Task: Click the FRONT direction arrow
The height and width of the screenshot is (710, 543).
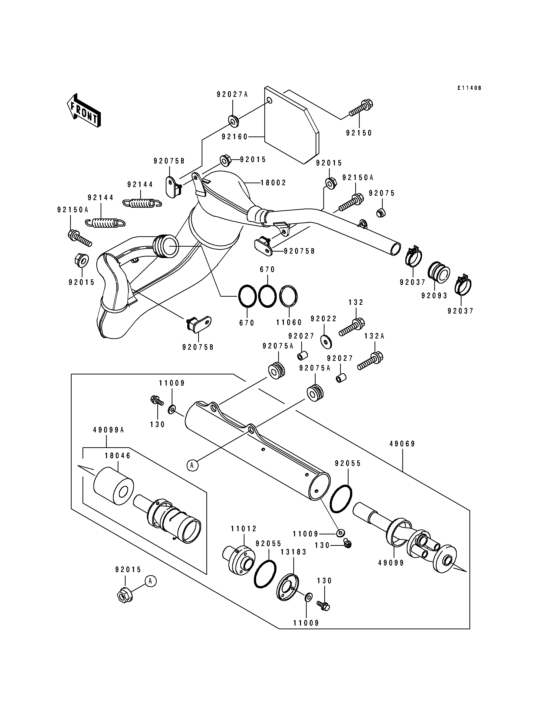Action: click(84, 111)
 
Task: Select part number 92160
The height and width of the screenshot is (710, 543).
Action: click(235, 137)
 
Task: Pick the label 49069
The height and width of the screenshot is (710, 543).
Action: click(402, 444)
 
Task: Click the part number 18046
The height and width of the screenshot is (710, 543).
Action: click(118, 456)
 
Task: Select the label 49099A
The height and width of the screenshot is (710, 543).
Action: click(109, 430)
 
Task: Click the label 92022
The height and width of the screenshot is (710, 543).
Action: click(324, 319)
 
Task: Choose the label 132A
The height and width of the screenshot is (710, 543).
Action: click(374, 336)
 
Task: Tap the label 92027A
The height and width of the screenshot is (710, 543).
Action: click(232, 94)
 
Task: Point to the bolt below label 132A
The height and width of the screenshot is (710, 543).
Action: click(370, 361)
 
